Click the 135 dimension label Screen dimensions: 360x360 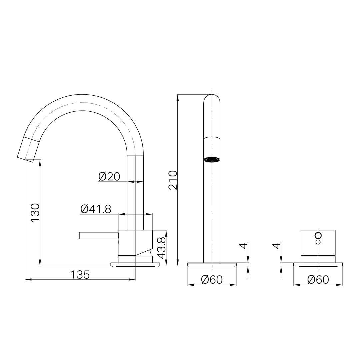click(x=80, y=275)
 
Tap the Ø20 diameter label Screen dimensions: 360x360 click(x=109, y=176)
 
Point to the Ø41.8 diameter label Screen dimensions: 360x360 click(x=96, y=209)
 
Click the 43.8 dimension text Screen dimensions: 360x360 click(x=162, y=248)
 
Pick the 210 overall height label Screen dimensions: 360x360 click(x=173, y=180)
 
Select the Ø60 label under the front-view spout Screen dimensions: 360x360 click(x=212, y=279)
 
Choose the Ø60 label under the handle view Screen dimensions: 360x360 click(x=318, y=279)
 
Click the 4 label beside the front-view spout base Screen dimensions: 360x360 click(x=244, y=246)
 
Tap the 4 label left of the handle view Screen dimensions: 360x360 click(x=277, y=246)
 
